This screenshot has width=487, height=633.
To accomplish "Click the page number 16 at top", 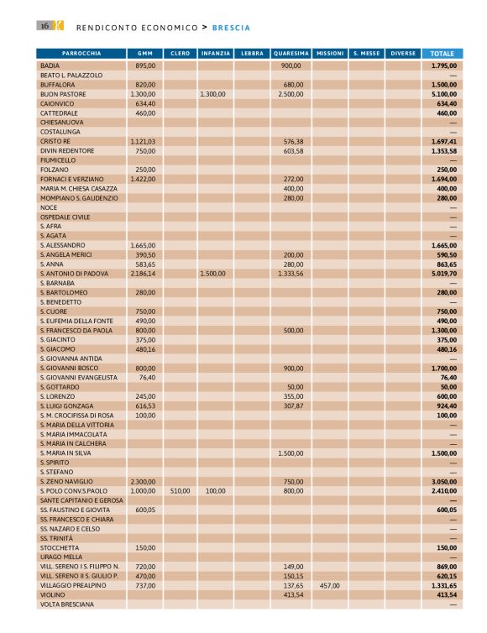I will point(43,26).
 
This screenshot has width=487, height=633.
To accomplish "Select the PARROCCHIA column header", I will point(81,53).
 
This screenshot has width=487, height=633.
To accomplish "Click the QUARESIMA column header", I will point(291,53).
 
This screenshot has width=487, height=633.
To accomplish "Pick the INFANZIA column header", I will point(216,53).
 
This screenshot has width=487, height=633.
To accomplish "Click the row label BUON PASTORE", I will point(62,94).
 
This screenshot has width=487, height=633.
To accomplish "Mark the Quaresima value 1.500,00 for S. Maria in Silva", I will point(290,453).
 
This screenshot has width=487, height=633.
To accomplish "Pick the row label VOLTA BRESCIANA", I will point(66,604).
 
